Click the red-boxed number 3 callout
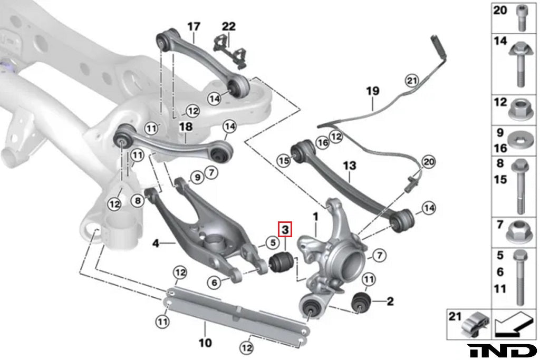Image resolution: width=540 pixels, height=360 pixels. [x=285, y=230]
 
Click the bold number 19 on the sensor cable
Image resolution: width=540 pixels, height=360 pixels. [x=372, y=91]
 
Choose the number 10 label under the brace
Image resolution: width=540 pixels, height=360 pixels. [x=205, y=343]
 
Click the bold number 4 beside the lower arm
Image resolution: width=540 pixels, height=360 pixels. [x=156, y=243]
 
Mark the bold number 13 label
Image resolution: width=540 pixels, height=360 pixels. [x=350, y=166]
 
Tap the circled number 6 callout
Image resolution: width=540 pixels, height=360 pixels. [x=214, y=283]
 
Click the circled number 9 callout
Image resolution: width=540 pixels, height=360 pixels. [x=196, y=178]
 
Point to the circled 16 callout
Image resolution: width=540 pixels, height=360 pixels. [x=323, y=142]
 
